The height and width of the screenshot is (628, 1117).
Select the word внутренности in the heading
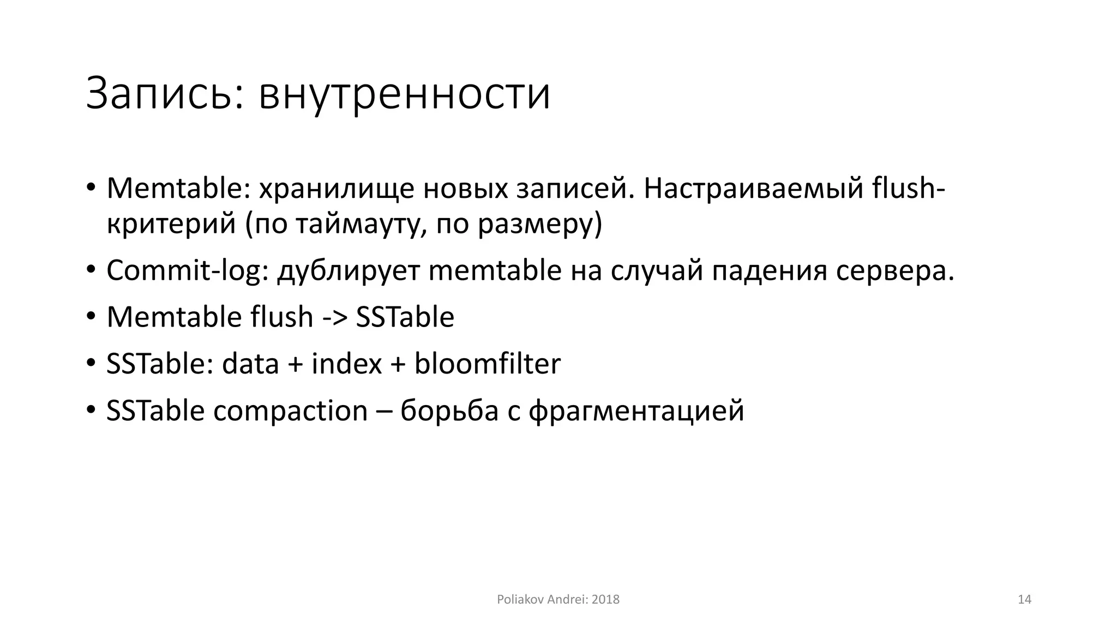point(404,94)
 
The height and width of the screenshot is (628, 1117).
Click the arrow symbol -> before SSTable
point(334,317)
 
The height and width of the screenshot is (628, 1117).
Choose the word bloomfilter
point(487,364)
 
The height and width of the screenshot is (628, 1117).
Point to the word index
point(346,364)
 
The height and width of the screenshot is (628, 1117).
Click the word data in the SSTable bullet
point(250,364)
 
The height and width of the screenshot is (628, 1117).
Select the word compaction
point(290,410)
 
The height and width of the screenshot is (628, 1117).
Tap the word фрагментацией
point(636,410)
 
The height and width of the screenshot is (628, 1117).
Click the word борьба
point(449,410)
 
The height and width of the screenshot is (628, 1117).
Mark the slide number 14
point(1024,600)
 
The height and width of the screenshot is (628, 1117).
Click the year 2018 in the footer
point(605,600)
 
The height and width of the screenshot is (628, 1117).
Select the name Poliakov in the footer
point(517,600)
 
